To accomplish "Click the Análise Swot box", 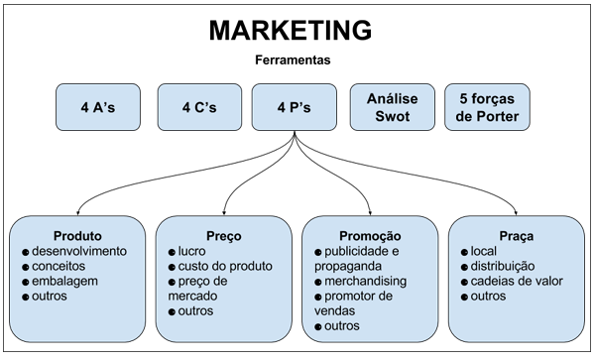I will point(392,108).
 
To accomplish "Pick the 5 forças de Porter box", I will point(489,108).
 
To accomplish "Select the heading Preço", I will point(224,236).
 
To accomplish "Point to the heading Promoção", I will point(370,236).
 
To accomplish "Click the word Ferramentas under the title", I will point(294,60).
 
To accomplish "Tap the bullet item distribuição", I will point(503,266).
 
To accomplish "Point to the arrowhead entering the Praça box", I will point(518,212).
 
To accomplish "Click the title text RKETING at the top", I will point(315,30).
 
